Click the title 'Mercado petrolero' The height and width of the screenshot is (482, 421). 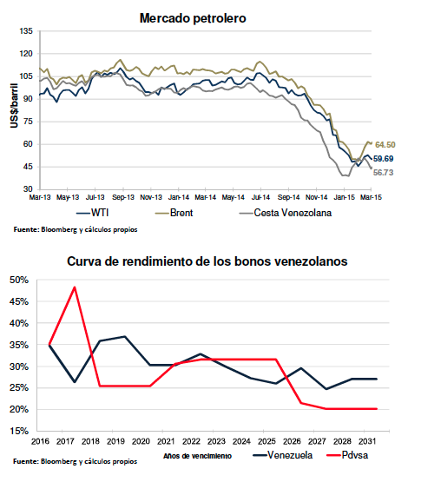coord(193,18)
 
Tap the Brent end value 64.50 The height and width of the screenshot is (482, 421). coord(385,145)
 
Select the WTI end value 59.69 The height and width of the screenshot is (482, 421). coord(383,159)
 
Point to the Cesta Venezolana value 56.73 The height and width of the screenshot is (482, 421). coord(383,173)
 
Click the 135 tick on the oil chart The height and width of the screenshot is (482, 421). coord(26,31)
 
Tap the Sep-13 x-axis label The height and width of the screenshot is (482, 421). coord(123,197)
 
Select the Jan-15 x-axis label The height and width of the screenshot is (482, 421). coord(344,197)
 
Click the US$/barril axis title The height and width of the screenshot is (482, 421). coord(14,105)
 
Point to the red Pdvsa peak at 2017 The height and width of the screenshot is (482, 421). coord(75,287)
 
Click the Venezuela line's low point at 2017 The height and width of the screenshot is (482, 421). coord(75,382)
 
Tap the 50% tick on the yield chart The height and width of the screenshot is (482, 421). coord(19,280)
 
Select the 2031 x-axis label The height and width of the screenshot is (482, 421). coord(367,441)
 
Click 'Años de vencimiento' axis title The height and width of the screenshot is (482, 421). coord(197,456)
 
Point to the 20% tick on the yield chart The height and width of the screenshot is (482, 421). coord(19,409)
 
